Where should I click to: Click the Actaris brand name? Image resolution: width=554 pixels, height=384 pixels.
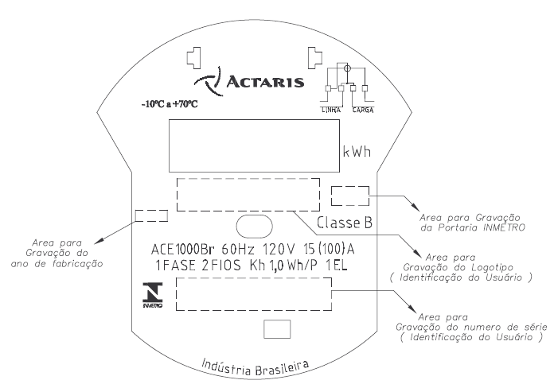265,81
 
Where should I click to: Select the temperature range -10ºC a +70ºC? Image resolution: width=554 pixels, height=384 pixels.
170,104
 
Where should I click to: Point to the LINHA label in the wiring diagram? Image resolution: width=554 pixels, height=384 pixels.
331,111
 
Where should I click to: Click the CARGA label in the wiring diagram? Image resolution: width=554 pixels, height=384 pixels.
363,111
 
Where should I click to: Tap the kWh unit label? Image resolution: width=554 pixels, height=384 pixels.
357,152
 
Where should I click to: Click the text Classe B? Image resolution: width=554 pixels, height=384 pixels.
345,223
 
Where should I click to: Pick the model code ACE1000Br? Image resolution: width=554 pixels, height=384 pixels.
181,250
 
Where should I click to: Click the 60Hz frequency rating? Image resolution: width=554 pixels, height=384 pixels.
238,250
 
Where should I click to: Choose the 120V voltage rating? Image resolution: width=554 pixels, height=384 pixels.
279,250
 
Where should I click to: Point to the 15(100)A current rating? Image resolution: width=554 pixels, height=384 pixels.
329,249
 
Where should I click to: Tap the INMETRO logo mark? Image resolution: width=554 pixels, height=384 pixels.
153,295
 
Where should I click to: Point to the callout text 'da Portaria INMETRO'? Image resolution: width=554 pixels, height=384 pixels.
473,227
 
